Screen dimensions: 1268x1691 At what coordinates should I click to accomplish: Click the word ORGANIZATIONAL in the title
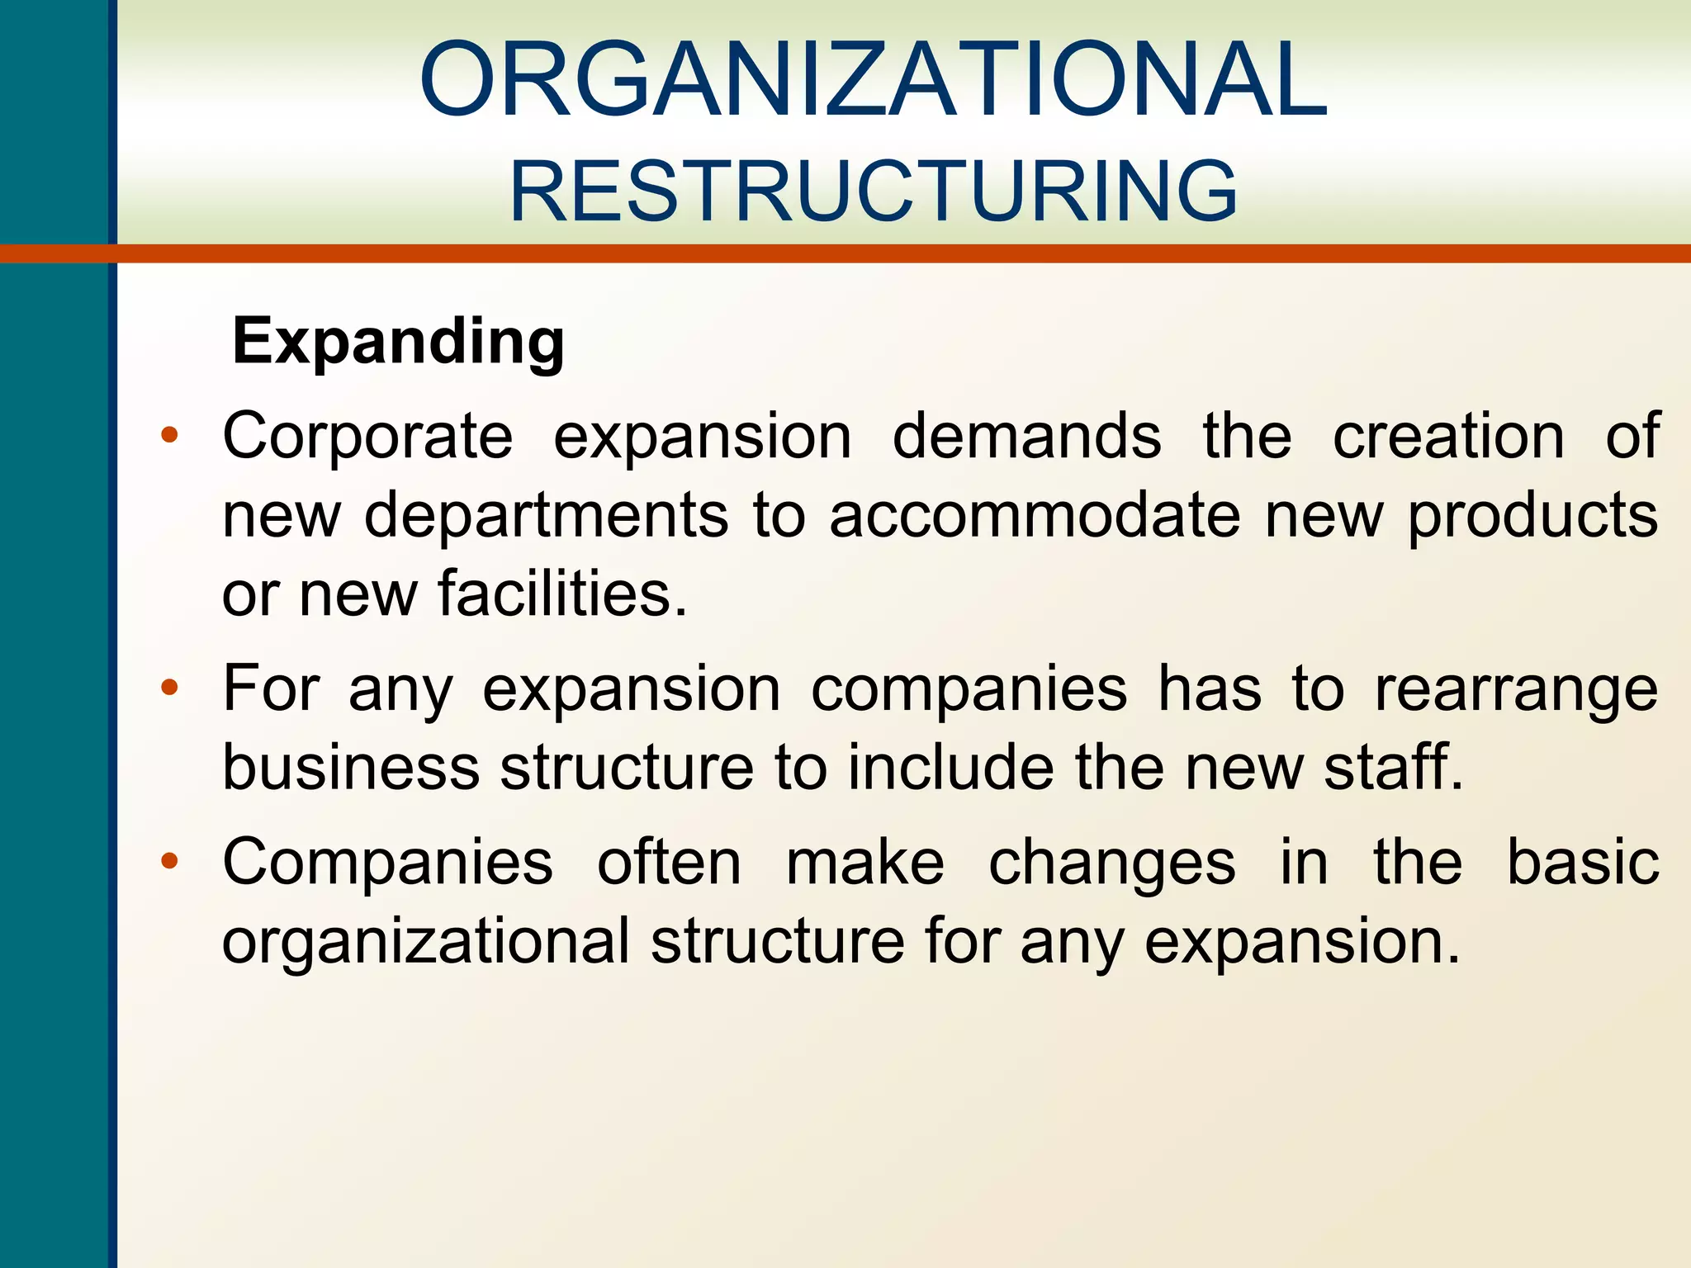pyautogui.click(x=873, y=80)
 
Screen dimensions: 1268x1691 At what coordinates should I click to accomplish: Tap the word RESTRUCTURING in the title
pyautogui.click(x=873, y=192)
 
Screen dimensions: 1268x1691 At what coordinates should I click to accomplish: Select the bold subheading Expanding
pyautogui.click(x=398, y=341)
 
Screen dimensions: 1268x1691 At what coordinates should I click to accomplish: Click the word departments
pyautogui.click(x=546, y=515)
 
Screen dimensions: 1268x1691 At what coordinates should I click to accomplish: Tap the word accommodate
pyautogui.click(x=1035, y=515)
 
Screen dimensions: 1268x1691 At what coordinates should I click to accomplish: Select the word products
pyautogui.click(x=1532, y=517)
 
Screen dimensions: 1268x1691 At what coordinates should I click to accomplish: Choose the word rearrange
pyautogui.click(x=1516, y=690)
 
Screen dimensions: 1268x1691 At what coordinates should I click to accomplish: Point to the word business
pyautogui.click(x=351, y=767)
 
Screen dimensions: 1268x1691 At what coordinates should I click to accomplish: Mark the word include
pyautogui.click(x=950, y=767)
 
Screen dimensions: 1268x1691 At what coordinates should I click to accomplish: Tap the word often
pyautogui.click(x=669, y=862)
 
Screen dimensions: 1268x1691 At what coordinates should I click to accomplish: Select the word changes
pyautogui.click(x=1111, y=863)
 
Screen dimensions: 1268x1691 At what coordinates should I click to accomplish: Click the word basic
pyautogui.click(x=1583, y=862)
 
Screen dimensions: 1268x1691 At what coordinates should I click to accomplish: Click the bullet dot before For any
pyautogui.click(x=169, y=688)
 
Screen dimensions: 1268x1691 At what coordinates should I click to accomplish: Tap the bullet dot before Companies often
pyautogui.click(x=169, y=862)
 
